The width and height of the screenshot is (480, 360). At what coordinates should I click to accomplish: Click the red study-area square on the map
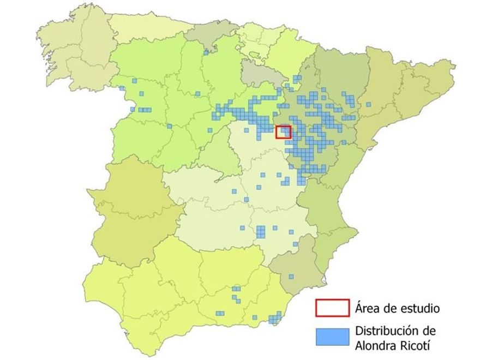(284, 131)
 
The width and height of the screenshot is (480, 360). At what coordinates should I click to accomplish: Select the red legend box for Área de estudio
(332, 308)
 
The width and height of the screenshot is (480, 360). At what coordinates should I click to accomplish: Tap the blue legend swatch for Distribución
(332, 337)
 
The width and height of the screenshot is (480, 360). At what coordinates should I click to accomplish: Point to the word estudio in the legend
(419, 308)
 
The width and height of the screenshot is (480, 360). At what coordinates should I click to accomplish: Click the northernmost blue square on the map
(206, 52)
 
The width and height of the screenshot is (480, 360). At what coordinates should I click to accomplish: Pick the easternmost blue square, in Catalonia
(369, 104)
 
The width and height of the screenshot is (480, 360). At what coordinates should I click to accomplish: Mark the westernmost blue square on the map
(121, 88)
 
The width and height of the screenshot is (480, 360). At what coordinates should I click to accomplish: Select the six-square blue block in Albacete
(261, 231)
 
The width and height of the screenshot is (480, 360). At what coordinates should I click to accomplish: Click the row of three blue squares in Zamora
(144, 110)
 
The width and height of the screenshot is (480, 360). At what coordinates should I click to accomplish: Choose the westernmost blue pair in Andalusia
(220, 313)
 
